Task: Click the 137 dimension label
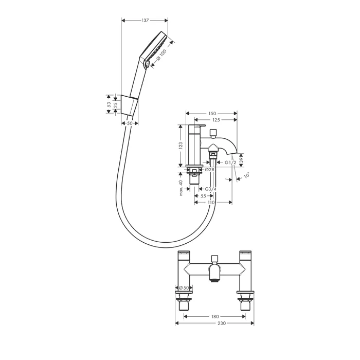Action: pos(145,21)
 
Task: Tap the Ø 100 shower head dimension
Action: pos(161,56)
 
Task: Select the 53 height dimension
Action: pos(109,104)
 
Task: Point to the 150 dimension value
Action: pos(212,114)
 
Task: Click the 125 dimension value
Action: pos(216,120)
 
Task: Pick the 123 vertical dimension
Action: pos(181,146)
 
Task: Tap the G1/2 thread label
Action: pos(230,163)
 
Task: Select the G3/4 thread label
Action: pos(210,189)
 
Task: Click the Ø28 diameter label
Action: pos(209,169)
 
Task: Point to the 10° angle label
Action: pos(246,176)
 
